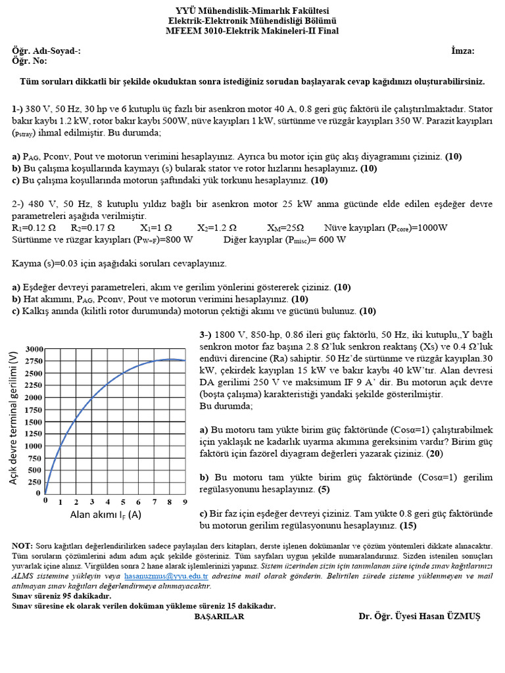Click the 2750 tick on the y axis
click(34, 361)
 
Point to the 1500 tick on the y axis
click(34, 421)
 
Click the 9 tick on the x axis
click(185, 501)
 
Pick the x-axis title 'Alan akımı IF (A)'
click(106, 515)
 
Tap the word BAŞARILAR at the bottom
click(219, 616)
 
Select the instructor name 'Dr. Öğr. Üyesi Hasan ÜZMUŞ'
click(420, 616)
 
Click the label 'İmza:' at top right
click(463, 51)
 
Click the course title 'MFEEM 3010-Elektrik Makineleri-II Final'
click(252, 30)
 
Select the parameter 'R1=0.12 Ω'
click(33, 227)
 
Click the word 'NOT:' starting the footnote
click(22, 545)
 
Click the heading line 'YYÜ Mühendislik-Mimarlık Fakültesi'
click(252, 10)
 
